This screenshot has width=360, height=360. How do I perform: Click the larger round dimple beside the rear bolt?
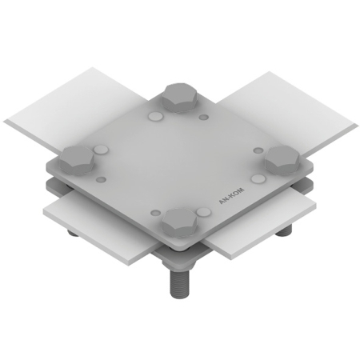155,116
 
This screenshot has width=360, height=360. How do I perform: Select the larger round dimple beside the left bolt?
101,150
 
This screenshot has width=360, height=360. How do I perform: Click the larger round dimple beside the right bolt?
258,178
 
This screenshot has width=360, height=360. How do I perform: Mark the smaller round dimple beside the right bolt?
257,150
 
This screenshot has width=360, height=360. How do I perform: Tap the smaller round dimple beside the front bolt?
156,213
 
